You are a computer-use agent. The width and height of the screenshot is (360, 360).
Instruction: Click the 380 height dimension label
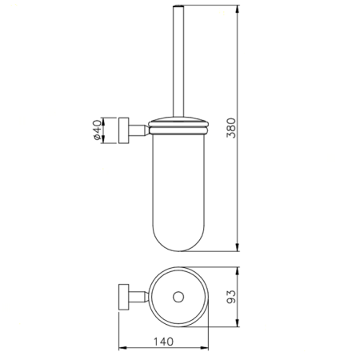[x=231, y=128]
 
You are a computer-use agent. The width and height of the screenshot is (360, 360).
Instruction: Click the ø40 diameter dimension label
[x=97, y=130]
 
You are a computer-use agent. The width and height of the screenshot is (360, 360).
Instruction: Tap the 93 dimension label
[x=231, y=297]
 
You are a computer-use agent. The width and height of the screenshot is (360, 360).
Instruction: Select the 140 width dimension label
[x=163, y=342]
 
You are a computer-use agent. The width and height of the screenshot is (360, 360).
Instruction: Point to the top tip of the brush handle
[x=178, y=5]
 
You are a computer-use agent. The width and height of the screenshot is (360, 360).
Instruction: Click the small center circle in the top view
[x=178, y=297]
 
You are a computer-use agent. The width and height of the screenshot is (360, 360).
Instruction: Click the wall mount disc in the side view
[x=124, y=130]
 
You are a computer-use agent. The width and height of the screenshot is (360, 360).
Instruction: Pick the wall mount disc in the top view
[x=124, y=297]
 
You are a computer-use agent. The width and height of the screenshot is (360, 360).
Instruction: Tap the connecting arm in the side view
[x=138, y=130]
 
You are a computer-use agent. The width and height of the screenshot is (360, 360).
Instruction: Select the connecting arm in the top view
[x=138, y=297]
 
